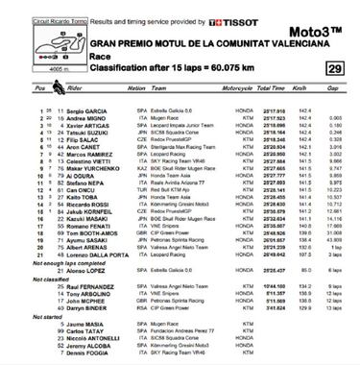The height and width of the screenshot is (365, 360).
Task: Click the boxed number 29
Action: click(331, 68)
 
